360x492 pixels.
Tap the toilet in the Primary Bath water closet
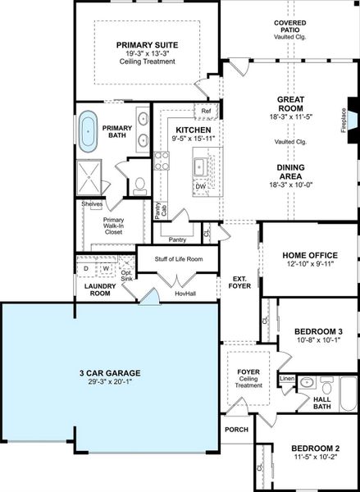140,184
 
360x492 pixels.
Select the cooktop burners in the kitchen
162,160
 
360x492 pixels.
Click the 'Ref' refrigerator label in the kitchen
206,111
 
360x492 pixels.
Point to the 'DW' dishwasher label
200,186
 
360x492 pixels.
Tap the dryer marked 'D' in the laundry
86,268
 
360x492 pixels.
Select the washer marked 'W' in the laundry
106,268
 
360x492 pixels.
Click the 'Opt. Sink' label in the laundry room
125,273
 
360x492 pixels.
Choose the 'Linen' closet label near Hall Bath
287,379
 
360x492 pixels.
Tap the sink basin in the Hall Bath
307,381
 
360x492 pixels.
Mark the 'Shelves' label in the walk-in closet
92,204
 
